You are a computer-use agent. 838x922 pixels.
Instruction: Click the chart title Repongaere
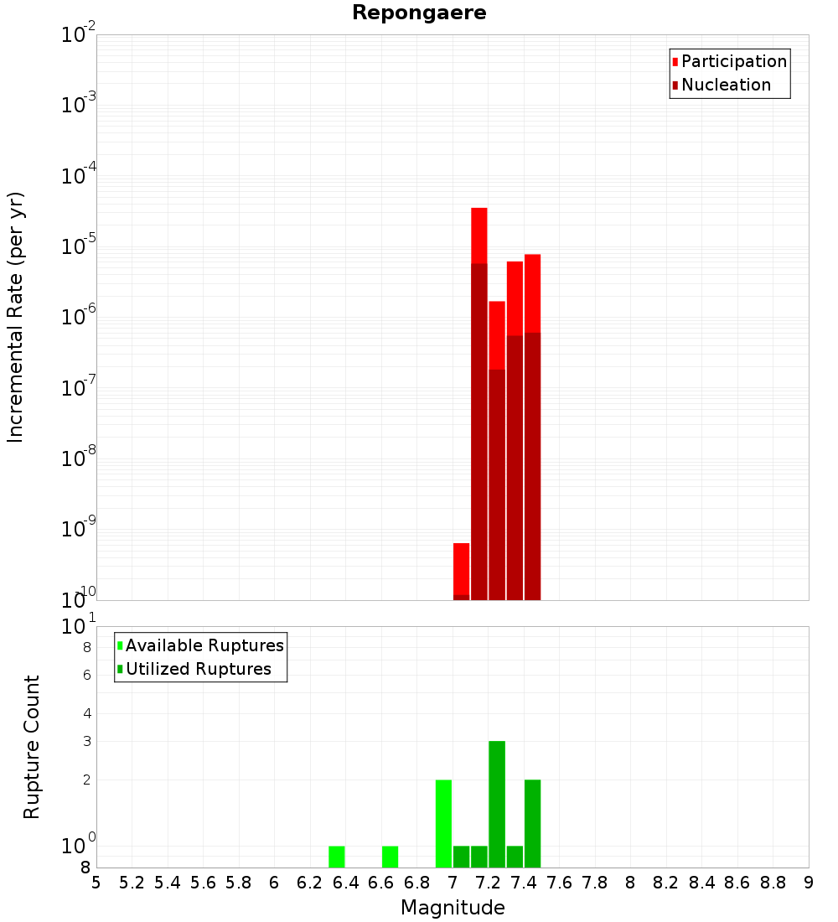tap(419, 13)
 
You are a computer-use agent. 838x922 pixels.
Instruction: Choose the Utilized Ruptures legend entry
tap(198, 669)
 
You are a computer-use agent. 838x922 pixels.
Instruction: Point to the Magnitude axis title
tap(453, 908)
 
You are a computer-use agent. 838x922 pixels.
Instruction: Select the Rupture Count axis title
tap(32, 747)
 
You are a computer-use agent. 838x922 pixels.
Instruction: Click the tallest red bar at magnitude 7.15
tap(479, 235)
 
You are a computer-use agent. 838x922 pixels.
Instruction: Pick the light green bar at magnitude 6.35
tap(337, 857)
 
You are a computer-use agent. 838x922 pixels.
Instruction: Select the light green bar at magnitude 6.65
tap(391, 857)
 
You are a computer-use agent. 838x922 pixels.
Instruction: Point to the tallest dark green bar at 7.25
tap(497, 805)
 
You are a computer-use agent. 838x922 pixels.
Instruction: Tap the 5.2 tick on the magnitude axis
tap(132, 883)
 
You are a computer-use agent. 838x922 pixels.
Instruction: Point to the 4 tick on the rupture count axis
tap(85, 713)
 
